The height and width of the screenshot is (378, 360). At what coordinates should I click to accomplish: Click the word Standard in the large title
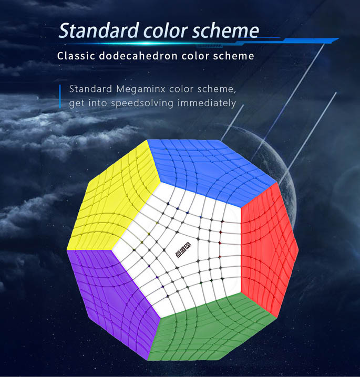click(x=99, y=30)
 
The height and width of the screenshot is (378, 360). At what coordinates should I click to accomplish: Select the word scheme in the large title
click(x=225, y=30)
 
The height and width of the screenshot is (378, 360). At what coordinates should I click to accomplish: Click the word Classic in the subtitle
click(x=76, y=56)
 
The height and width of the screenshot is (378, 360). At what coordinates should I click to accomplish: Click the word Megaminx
click(x=141, y=89)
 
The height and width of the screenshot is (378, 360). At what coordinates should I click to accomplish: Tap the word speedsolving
click(x=142, y=103)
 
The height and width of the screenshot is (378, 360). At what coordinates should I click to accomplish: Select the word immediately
click(x=207, y=103)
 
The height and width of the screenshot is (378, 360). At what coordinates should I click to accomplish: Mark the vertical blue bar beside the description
click(x=60, y=97)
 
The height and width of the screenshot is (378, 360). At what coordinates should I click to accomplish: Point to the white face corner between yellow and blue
click(x=161, y=182)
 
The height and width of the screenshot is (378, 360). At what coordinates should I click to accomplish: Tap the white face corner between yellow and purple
click(x=111, y=250)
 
